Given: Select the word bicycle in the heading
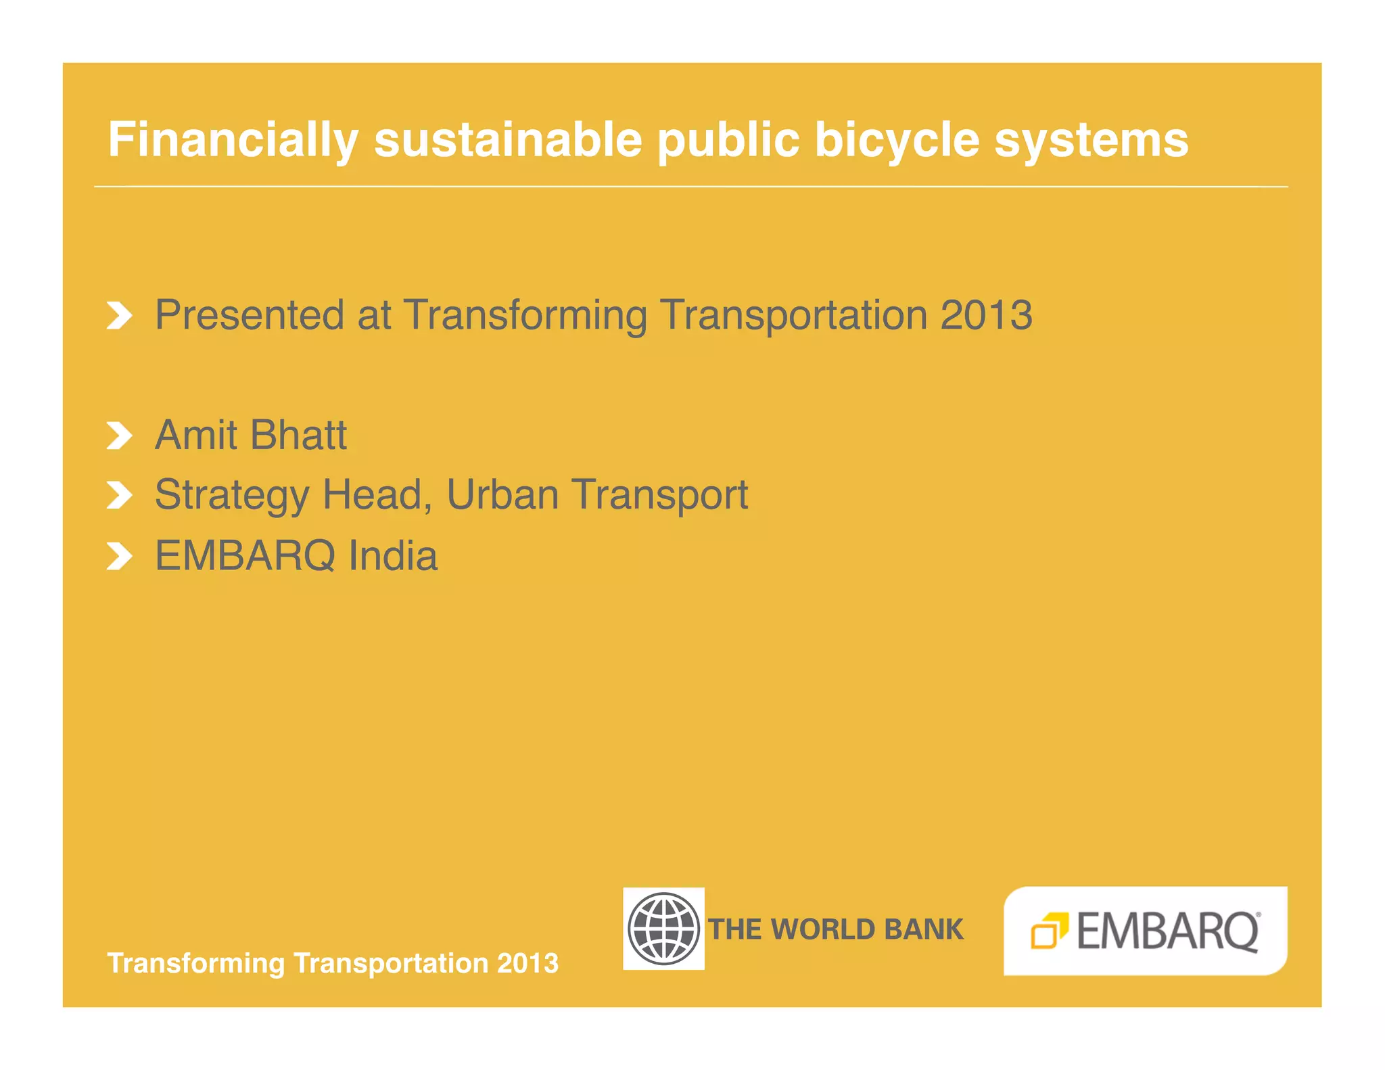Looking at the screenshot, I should tap(897, 141).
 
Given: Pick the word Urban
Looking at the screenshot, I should tap(502, 494).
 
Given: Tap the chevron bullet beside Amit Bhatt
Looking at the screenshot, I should tap(119, 436).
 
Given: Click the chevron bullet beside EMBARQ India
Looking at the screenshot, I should tap(119, 557).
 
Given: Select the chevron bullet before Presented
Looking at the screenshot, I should tap(119, 316).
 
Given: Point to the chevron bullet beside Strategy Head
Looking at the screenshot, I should tap(119, 496).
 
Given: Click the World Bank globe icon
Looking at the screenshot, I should tap(663, 929).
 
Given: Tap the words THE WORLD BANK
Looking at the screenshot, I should tap(836, 929).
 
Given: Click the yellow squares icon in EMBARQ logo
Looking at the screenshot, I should tap(1048, 931).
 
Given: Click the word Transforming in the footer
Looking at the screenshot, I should tap(196, 963).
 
